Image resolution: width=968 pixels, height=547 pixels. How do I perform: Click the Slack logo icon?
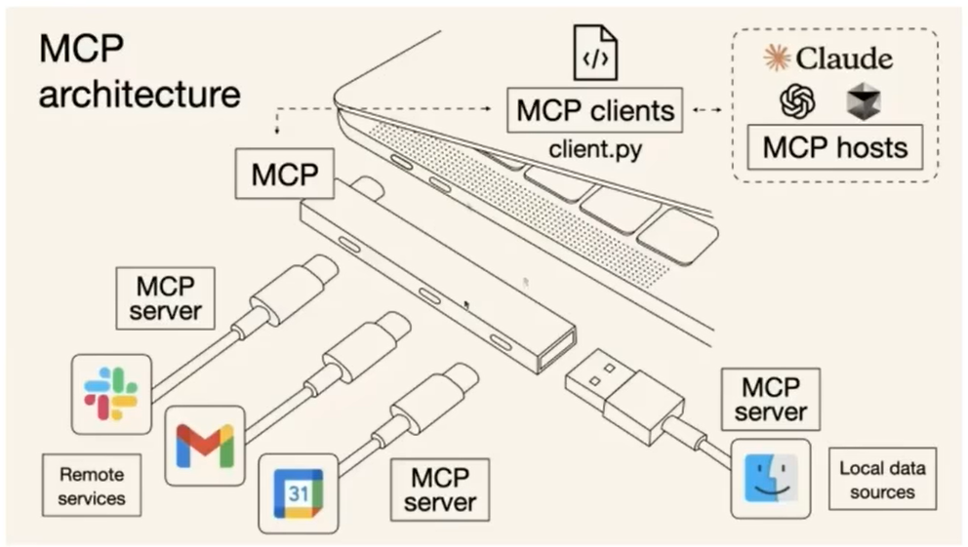tap(111, 393)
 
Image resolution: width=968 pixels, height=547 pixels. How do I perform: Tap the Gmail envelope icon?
tap(204, 445)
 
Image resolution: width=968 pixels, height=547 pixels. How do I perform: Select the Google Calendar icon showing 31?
tap(298, 493)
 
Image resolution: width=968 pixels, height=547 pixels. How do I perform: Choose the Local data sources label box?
tap(882, 480)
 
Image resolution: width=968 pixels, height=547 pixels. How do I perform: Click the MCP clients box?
tap(595, 110)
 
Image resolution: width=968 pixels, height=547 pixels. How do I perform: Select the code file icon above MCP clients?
tap(594, 53)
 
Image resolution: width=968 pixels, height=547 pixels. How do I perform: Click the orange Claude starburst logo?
tap(777, 58)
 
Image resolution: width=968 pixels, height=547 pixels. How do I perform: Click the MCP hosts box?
tap(834, 147)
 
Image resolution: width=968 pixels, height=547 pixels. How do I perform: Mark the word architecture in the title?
tap(140, 95)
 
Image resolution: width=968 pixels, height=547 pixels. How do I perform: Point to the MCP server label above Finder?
tap(771, 398)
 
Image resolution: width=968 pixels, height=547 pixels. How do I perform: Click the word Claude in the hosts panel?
tap(844, 59)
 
